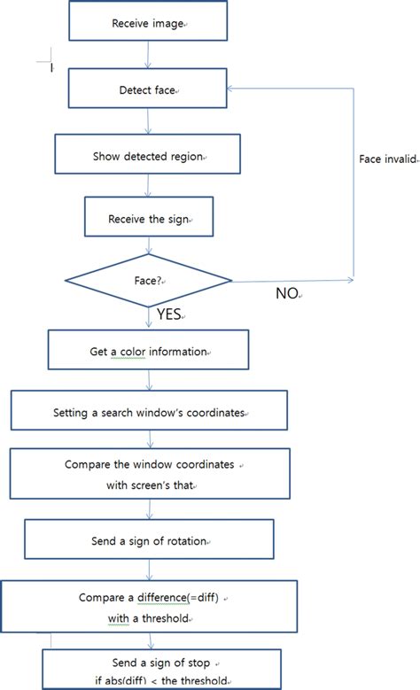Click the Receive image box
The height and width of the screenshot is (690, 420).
(x=147, y=22)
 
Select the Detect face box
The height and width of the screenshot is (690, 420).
(x=147, y=90)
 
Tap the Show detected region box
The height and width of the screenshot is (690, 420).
(x=147, y=157)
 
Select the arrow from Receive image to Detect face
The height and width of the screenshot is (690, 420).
(x=147, y=55)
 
